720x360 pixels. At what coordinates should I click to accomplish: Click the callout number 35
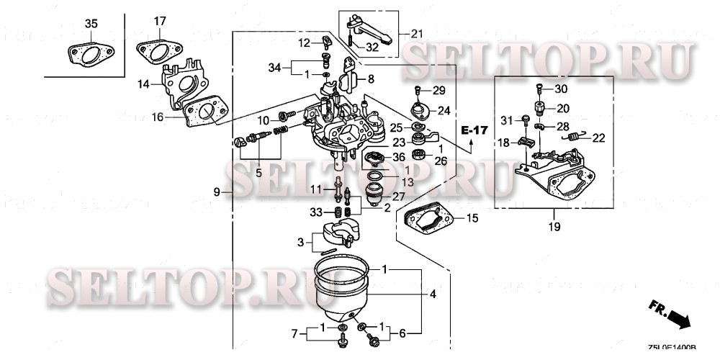point(91,24)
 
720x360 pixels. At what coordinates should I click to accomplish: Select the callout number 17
point(159,21)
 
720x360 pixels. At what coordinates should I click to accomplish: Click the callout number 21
point(418,33)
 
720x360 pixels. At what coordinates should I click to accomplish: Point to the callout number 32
point(372,48)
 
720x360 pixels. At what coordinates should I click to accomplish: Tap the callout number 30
point(561,89)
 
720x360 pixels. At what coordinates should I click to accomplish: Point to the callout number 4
point(433,294)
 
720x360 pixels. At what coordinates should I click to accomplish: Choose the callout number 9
point(216,192)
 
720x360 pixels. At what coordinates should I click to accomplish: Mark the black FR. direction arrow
point(679,318)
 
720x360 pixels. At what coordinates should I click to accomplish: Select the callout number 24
point(443,111)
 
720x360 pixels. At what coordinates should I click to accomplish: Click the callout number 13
point(387,181)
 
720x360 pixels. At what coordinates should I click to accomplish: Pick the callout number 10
point(264,120)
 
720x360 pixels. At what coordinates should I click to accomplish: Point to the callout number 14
point(144,84)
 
